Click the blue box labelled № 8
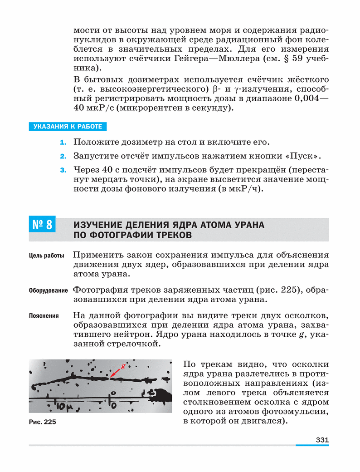coord(42,225)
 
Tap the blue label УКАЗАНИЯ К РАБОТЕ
coord(68,127)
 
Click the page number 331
coord(321,440)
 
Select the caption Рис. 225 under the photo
coord(42,422)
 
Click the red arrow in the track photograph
coord(115,372)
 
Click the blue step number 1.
coord(63,143)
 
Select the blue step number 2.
coord(63,157)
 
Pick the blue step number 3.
coord(63,171)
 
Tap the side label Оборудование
coord(49,290)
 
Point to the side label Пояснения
coord(44,315)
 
